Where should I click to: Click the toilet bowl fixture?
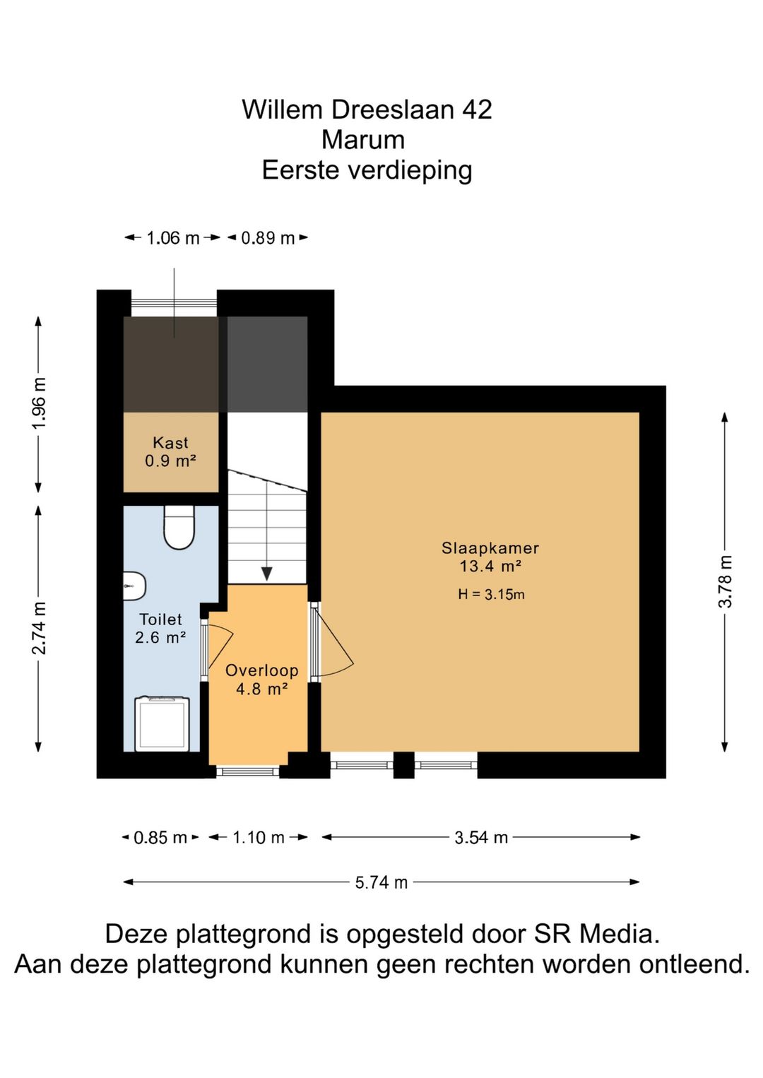click(x=179, y=528)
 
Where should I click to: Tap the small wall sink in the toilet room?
click(x=134, y=586)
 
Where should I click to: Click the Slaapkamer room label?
click(x=490, y=548)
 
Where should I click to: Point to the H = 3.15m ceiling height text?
click(x=491, y=594)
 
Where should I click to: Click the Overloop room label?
click(x=261, y=670)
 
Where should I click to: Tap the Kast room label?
click(x=170, y=443)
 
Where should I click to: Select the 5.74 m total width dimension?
click(x=381, y=882)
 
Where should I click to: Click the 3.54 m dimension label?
click(x=481, y=838)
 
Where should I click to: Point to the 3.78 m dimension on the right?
click(x=726, y=581)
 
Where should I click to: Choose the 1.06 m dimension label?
click(x=173, y=238)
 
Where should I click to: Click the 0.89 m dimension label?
click(x=268, y=238)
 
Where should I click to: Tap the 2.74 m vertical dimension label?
click(x=40, y=628)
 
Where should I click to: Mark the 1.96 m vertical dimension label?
click(x=40, y=403)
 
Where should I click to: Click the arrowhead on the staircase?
click(x=266, y=573)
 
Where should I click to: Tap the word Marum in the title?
click(x=363, y=140)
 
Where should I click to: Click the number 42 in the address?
click(x=477, y=109)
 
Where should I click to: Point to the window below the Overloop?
click(x=247, y=771)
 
